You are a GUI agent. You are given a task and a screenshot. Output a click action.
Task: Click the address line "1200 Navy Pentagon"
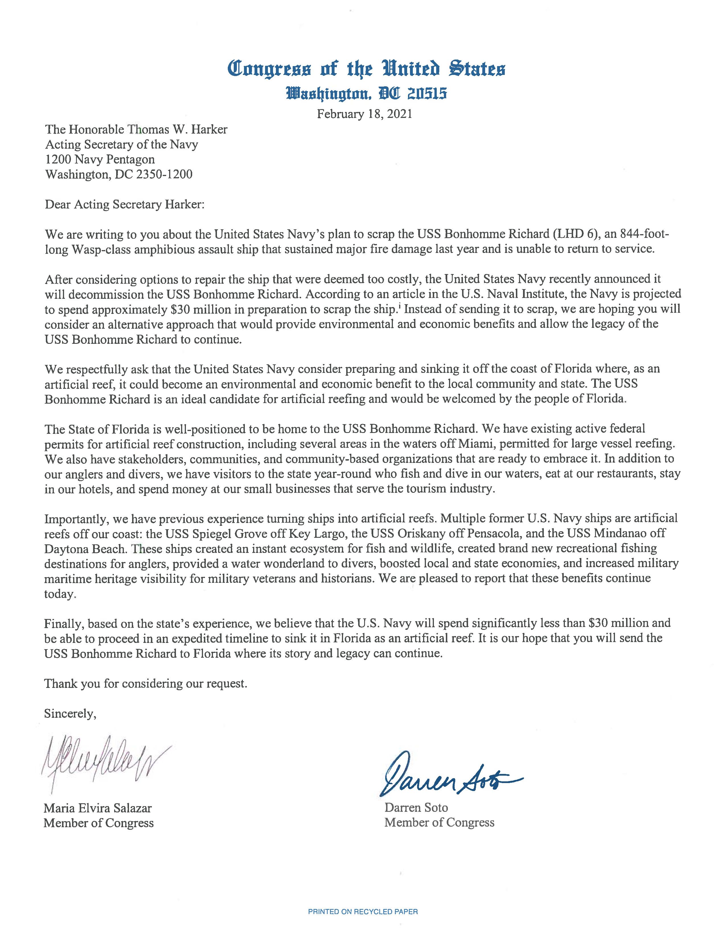(100, 159)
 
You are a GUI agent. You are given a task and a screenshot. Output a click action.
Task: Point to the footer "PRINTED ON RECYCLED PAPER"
(362, 911)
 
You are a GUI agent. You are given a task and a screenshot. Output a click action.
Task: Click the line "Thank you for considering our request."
(146, 683)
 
